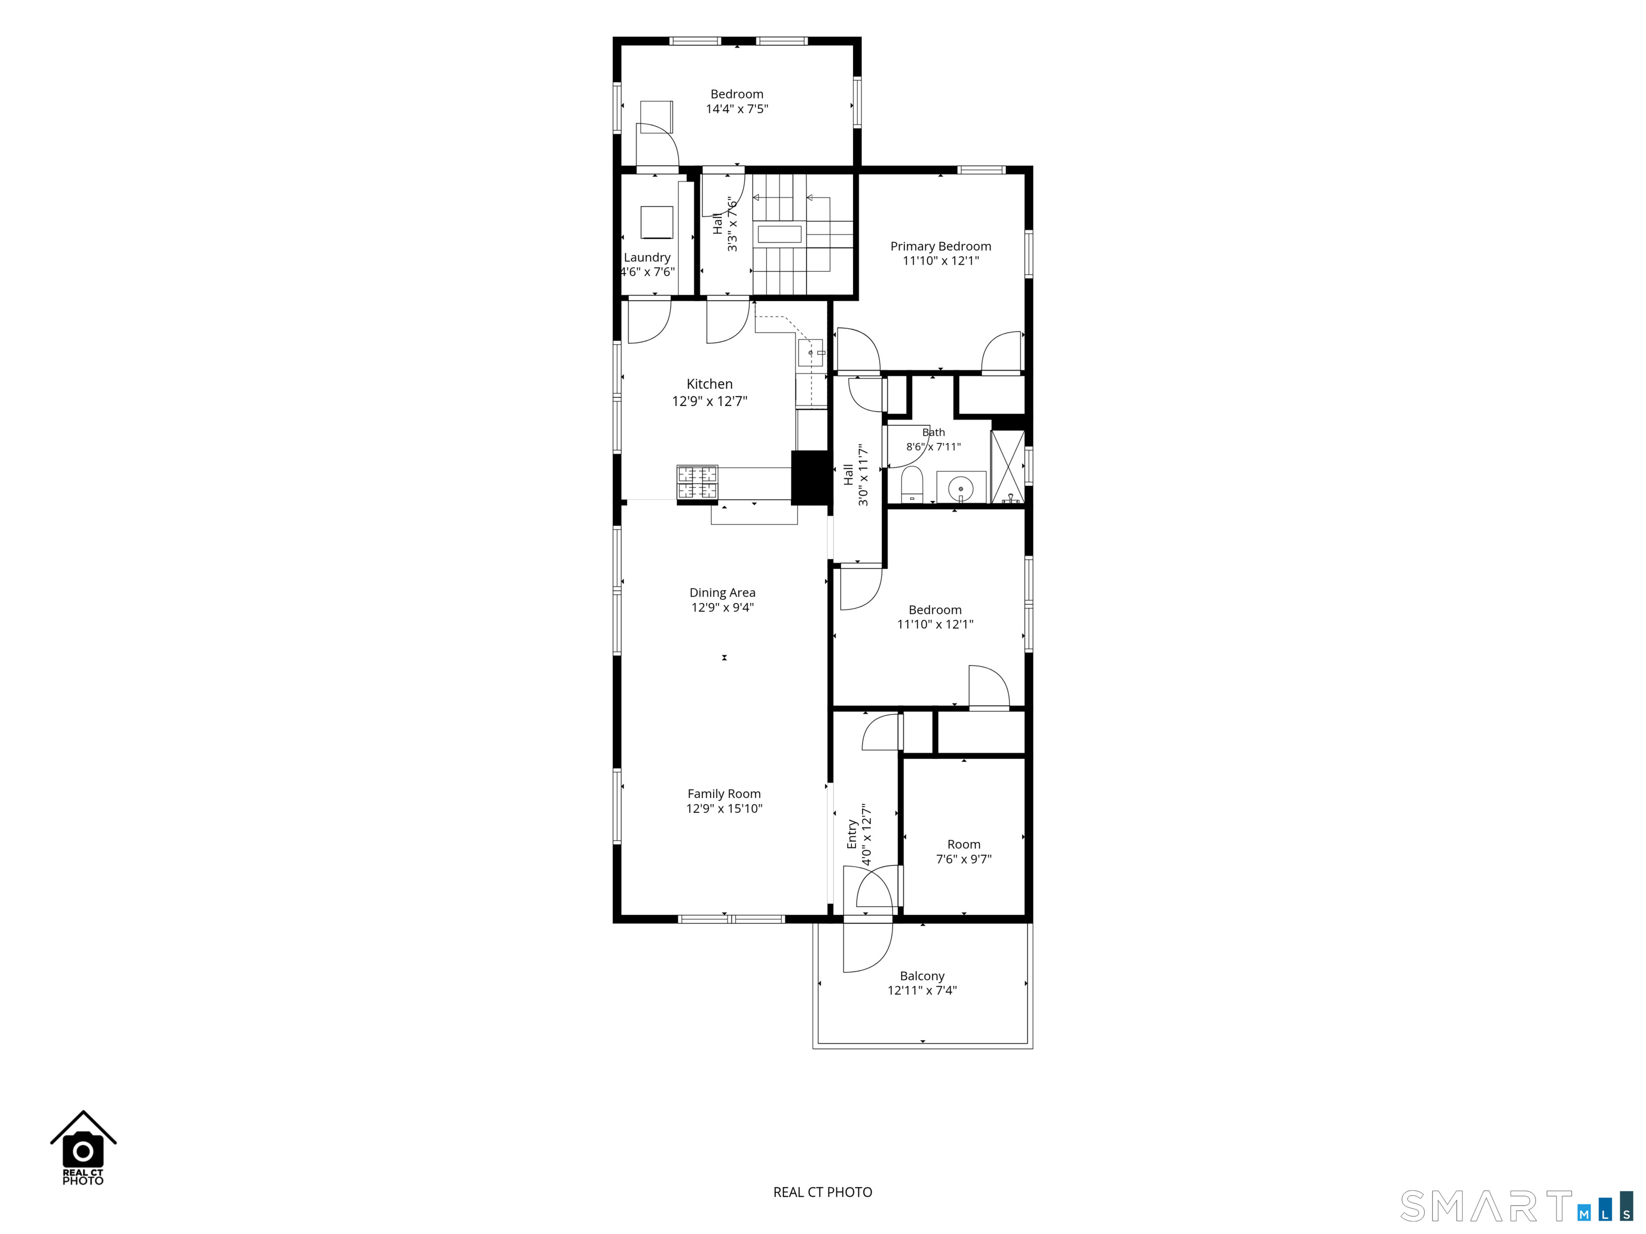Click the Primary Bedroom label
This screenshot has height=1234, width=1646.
[x=940, y=246]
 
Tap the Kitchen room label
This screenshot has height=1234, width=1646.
[x=709, y=384]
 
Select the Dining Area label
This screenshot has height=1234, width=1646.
[x=723, y=593]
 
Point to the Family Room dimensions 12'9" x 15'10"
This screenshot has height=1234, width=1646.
[x=724, y=809]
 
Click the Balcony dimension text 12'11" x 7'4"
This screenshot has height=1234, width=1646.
[x=922, y=990]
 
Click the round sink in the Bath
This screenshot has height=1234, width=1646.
[x=961, y=488]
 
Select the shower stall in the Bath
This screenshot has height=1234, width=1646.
[x=1007, y=466]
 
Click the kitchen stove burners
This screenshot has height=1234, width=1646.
[x=697, y=482]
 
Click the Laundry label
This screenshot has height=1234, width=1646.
[x=647, y=258]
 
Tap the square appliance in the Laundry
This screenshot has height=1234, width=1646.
[x=656, y=222]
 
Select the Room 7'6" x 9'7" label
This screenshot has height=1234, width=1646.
[x=963, y=852]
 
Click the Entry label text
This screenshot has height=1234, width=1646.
[x=852, y=834]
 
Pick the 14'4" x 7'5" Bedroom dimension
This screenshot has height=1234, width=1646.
[x=737, y=109]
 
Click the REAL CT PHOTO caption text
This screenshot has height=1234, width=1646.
[x=822, y=1192]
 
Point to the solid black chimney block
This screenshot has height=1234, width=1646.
[x=810, y=478]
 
